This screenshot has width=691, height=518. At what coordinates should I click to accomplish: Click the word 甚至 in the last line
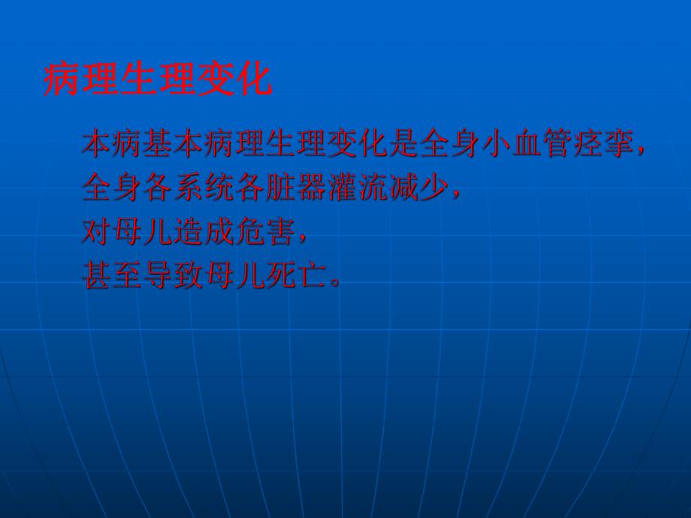click(110, 276)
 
